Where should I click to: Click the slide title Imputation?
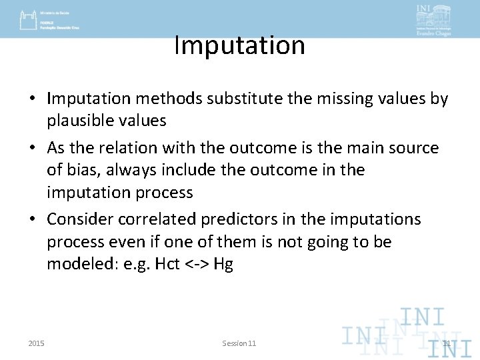coord(239,45)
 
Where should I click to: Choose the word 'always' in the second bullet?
coord(126,170)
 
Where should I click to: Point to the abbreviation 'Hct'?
coord(167,264)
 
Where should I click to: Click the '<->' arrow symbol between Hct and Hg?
coord(197,264)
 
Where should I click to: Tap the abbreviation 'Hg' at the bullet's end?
coord(223,265)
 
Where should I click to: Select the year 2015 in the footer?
coord(37,343)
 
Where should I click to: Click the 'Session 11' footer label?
coord(239,343)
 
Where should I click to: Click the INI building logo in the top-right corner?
coord(433,20)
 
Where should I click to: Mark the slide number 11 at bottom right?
coord(447,343)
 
